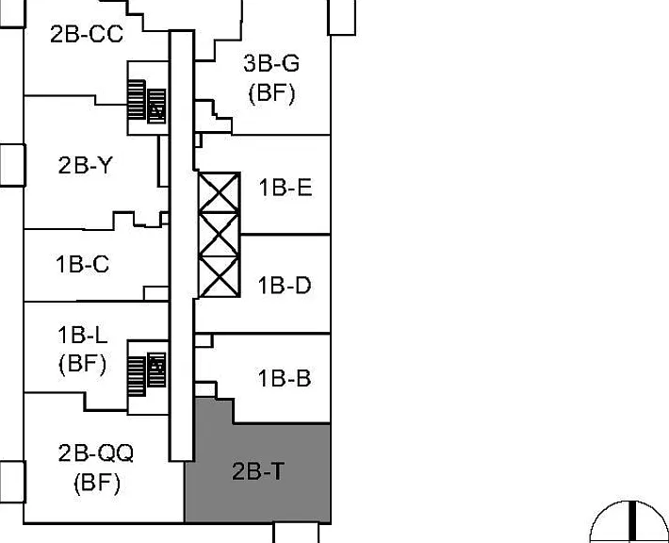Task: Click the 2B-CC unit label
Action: (87, 34)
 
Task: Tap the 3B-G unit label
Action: (271, 63)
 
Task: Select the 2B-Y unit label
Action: (86, 165)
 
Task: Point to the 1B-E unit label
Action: (286, 188)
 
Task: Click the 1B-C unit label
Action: (82, 264)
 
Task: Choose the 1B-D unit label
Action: (285, 285)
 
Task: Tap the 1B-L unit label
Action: (82, 335)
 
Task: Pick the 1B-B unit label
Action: (285, 378)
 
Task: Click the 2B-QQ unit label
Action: (96, 452)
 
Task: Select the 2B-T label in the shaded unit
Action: (257, 471)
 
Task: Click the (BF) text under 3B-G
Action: (271, 93)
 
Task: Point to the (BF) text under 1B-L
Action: (82, 364)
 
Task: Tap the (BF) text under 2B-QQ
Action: (97, 484)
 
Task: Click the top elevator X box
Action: (219, 192)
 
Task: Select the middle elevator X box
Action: (219, 235)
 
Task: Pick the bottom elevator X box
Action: (219, 276)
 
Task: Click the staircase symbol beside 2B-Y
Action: (147, 101)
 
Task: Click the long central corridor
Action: (182, 246)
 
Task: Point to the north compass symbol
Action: (629, 521)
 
